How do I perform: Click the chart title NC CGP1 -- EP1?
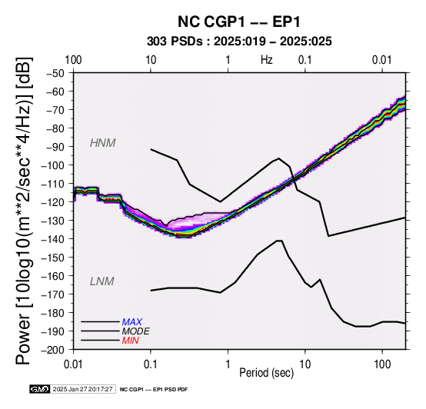239,22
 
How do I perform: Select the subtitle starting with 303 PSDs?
239,42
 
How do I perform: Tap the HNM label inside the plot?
103,143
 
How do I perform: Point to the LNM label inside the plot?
102,281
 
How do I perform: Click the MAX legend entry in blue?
131,322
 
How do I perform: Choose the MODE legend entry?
135,331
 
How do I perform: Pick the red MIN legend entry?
130,341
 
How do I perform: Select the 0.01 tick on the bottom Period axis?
73,364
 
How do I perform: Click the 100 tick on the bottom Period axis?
382,364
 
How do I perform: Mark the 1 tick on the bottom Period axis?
228,364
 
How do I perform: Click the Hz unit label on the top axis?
267,60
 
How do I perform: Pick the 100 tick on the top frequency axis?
73,60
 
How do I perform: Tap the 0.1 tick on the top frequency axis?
305,60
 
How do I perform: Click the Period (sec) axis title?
267,373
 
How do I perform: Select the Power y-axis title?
24,211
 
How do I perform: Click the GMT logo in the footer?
40,389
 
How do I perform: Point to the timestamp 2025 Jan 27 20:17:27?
82,389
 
